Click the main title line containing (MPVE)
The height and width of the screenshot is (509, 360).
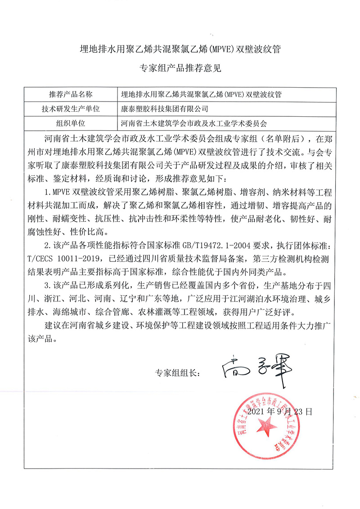(180, 49)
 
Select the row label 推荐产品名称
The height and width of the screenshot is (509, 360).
(70, 94)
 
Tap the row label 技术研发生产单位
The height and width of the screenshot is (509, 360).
(70, 108)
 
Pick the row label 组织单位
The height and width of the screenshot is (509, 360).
(70, 122)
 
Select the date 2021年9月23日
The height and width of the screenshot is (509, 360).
(279, 411)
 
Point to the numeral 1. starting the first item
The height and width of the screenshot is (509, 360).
(48, 193)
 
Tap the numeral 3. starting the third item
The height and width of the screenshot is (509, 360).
(48, 286)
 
